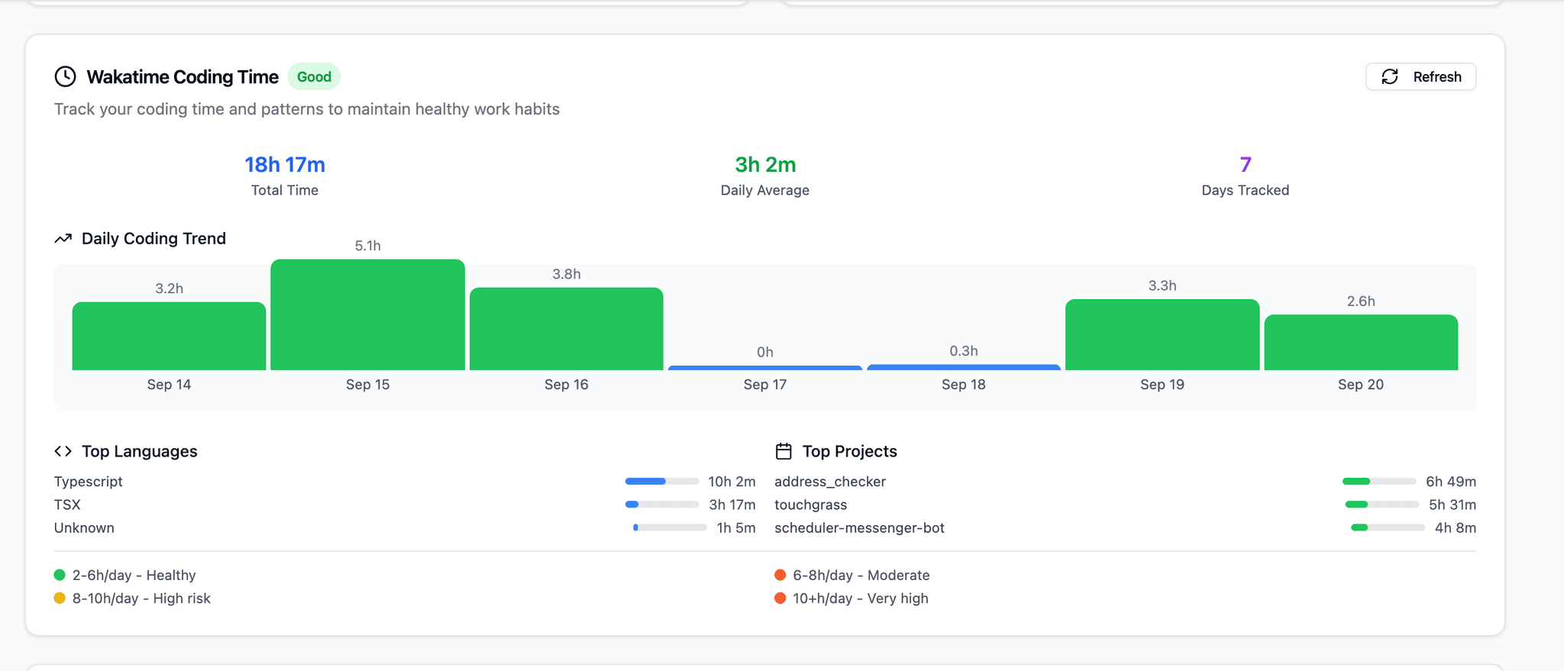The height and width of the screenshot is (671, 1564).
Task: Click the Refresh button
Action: coord(1420,76)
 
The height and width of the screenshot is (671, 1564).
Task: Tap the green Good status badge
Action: coord(314,76)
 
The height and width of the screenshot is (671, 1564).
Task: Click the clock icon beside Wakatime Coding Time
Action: coord(65,76)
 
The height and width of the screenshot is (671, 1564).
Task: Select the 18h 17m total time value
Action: coord(285,164)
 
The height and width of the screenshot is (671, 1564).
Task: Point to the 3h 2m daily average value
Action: coord(765,164)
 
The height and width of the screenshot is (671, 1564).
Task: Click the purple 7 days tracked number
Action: coord(1246,164)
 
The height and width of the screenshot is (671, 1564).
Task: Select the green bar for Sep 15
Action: coord(367,315)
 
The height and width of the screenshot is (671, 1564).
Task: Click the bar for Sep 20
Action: coord(1361,342)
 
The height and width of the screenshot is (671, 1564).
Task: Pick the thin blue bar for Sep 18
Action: coord(964,367)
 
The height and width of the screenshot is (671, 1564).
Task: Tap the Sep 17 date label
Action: coord(765,385)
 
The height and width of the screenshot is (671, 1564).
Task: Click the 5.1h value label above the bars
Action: coord(367,246)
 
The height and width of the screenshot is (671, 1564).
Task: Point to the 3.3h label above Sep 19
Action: coord(1162,285)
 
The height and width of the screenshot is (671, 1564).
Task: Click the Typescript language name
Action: coord(89,482)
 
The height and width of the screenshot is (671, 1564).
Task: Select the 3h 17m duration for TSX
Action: coord(732,505)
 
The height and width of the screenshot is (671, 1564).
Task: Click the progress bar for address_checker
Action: coord(1379,482)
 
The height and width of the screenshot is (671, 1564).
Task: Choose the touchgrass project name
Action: coord(810,505)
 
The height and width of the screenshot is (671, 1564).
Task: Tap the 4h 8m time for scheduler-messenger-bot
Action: coord(1455,527)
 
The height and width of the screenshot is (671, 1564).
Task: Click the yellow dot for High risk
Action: coord(60,598)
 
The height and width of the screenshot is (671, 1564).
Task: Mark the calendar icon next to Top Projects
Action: coord(784,451)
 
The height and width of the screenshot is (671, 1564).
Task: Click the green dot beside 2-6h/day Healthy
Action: coord(60,575)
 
